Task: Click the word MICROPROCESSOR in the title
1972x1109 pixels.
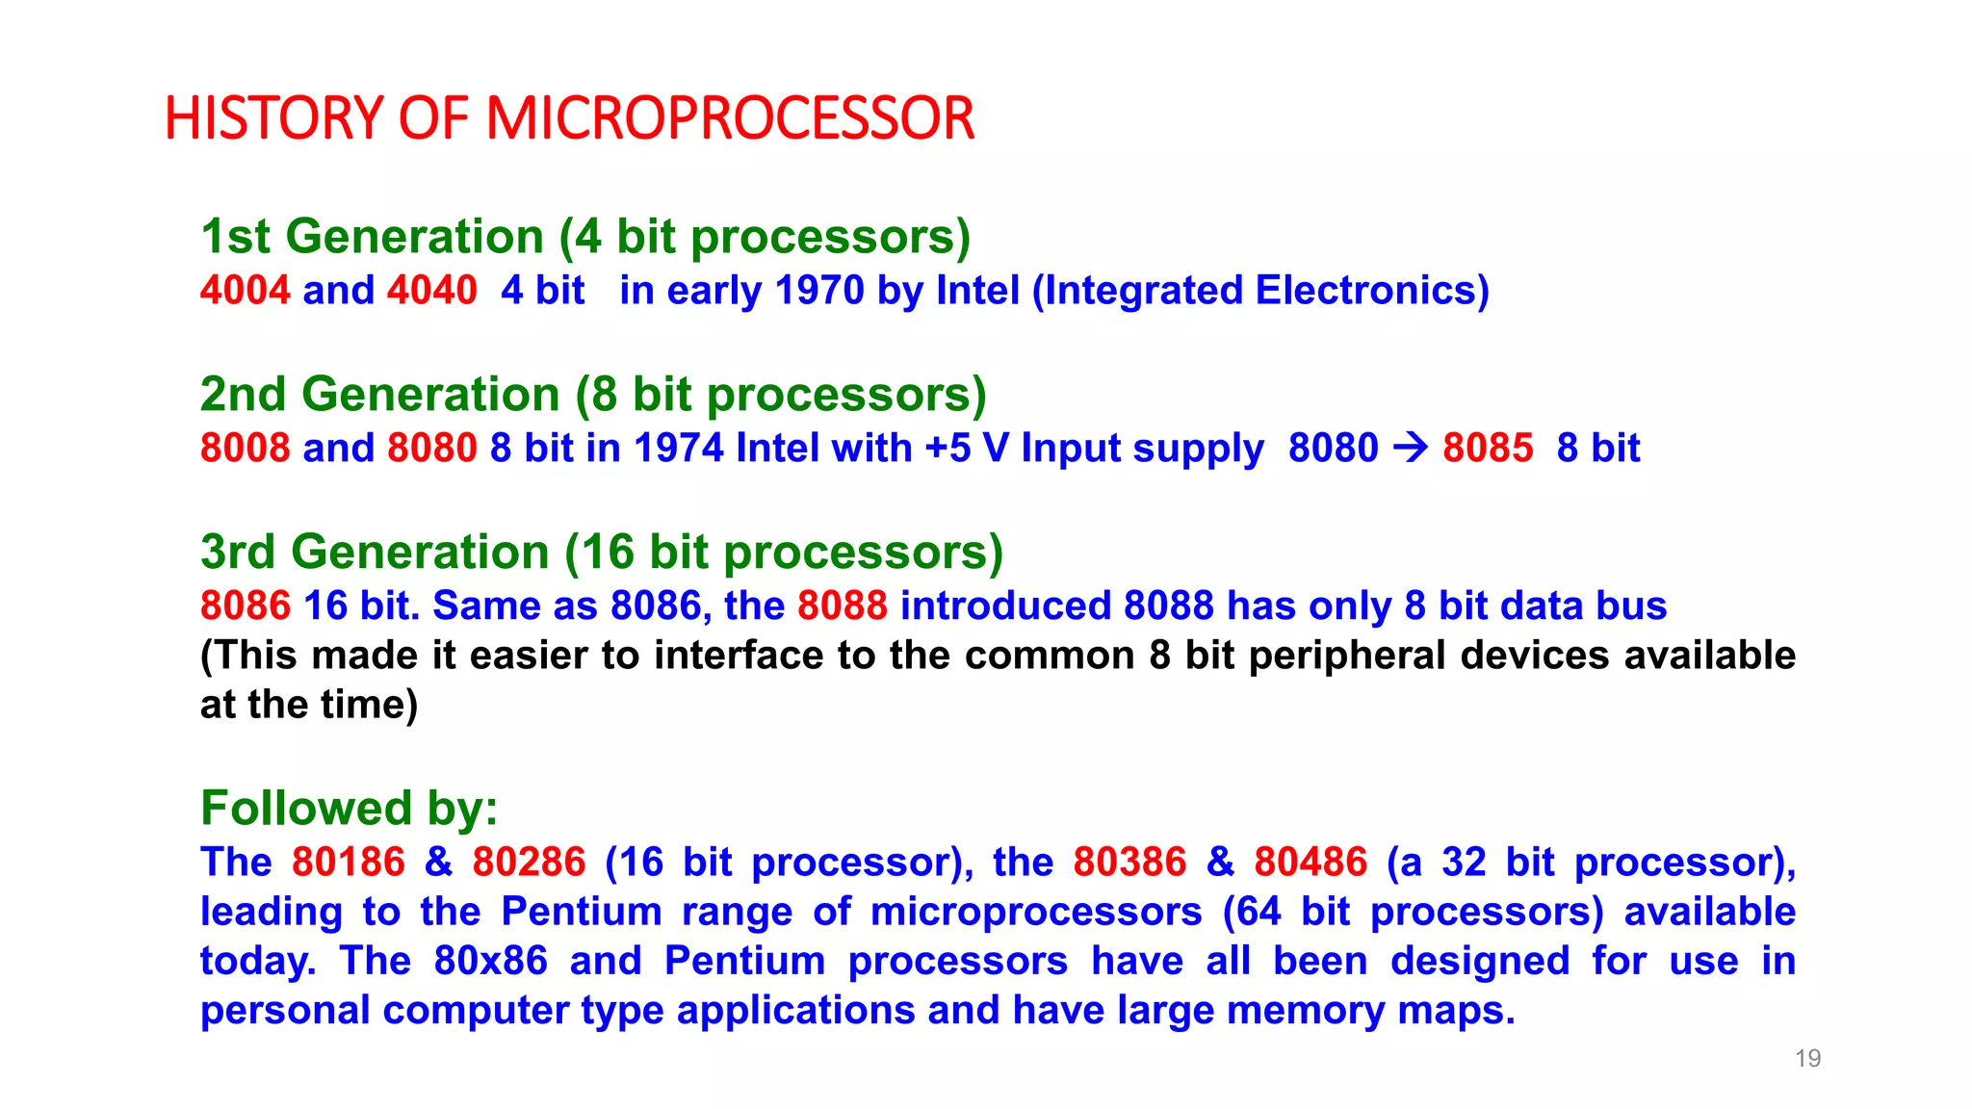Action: (x=730, y=118)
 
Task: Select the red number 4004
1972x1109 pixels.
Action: (x=245, y=290)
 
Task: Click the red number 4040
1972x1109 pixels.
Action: (x=431, y=290)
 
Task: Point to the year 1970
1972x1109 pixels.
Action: (x=819, y=290)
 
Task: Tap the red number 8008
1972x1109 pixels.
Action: (x=245, y=448)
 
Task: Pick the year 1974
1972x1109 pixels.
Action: (x=679, y=448)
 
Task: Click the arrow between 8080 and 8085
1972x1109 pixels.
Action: (x=1411, y=448)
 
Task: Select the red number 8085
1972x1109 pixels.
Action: (x=1488, y=448)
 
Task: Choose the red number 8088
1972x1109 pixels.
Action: (x=843, y=606)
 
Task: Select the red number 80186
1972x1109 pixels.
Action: (x=349, y=862)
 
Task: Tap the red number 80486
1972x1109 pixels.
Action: (x=1310, y=862)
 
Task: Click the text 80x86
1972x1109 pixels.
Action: (x=490, y=961)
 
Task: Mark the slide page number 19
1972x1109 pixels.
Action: (x=1807, y=1059)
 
